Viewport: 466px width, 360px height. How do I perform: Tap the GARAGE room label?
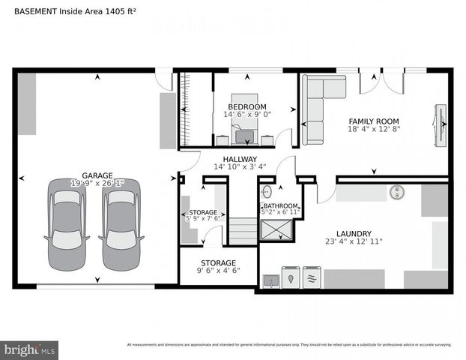pyautogui.click(x=97, y=175)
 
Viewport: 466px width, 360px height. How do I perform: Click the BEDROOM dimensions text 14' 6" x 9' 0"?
pyautogui.click(x=246, y=115)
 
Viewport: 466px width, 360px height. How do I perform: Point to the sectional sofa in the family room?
pyautogui.click(x=314, y=109)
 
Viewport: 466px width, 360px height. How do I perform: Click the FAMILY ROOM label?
pyautogui.click(x=374, y=121)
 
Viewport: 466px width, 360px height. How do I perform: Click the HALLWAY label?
pyautogui.click(x=240, y=159)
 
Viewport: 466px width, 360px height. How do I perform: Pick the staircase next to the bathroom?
pyautogui.click(x=242, y=230)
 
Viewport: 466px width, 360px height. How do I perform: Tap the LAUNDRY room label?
pyautogui.click(x=354, y=233)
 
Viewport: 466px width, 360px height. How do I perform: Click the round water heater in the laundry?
pyautogui.click(x=396, y=193)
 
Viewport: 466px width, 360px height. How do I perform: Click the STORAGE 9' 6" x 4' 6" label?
pyautogui.click(x=217, y=263)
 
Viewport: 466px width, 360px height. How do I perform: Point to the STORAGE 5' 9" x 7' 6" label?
pyautogui.click(x=203, y=213)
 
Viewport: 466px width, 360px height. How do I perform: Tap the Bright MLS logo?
pyautogui.click(x=30, y=349)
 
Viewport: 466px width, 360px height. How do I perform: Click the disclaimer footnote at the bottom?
pyautogui.click(x=289, y=345)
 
